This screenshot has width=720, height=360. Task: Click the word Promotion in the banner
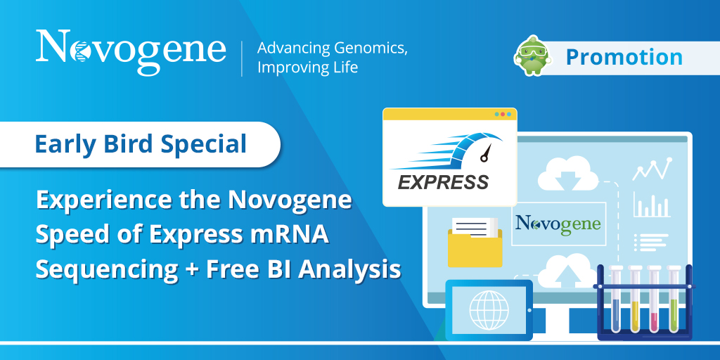624,57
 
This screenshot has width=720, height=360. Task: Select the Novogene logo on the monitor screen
558,224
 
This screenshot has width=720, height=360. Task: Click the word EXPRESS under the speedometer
443,183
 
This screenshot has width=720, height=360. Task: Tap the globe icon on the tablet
489,308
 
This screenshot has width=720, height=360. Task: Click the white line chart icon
650,169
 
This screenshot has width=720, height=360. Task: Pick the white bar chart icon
650,205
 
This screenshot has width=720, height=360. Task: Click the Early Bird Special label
141,145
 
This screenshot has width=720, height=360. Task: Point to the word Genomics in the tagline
366,49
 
